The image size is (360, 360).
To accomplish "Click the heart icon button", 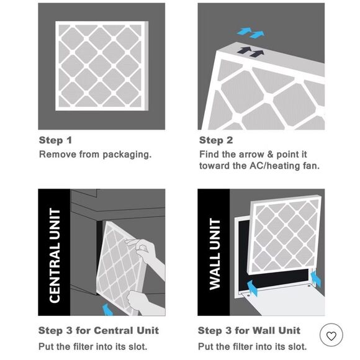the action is (x=331, y=336).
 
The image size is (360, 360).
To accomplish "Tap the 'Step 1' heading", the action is (x=56, y=140).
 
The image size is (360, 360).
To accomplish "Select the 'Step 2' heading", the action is (x=216, y=140).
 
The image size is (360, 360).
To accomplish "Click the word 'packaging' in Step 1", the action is (x=127, y=155).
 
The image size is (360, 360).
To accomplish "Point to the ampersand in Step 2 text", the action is (x=270, y=155).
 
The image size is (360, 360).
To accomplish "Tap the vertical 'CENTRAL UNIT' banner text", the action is (x=55, y=255).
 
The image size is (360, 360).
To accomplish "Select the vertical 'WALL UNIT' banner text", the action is (x=215, y=254).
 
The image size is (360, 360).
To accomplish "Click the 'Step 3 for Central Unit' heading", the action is (x=99, y=331).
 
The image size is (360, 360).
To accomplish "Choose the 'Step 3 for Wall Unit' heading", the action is (x=249, y=331).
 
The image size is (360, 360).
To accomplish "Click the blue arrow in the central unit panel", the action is (x=107, y=310).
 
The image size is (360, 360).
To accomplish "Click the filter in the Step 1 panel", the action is (x=102, y=66).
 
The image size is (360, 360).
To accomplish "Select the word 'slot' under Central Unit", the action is (x=137, y=347).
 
